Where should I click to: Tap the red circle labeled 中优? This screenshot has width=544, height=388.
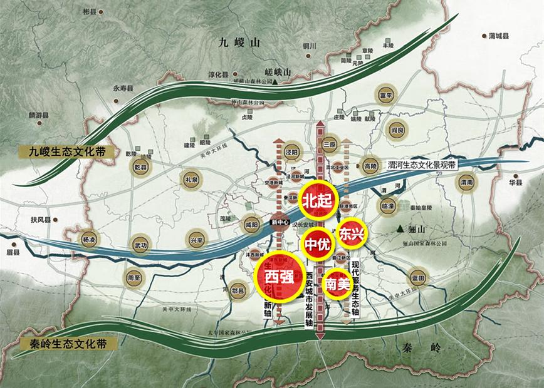pyautogui.click(x=316, y=243)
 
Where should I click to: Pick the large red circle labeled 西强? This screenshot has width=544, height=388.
pyautogui.click(x=279, y=276)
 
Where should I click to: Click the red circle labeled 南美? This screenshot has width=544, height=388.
pyautogui.click(x=338, y=284)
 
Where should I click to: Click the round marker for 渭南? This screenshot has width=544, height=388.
pyautogui.click(x=466, y=183)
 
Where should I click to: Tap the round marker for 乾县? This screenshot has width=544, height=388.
pyautogui.click(x=140, y=166)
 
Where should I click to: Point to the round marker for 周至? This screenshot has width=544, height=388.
pyautogui.click(x=133, y=277)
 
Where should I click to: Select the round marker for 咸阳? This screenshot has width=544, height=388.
pyautogui.click(x=251, y=225)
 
